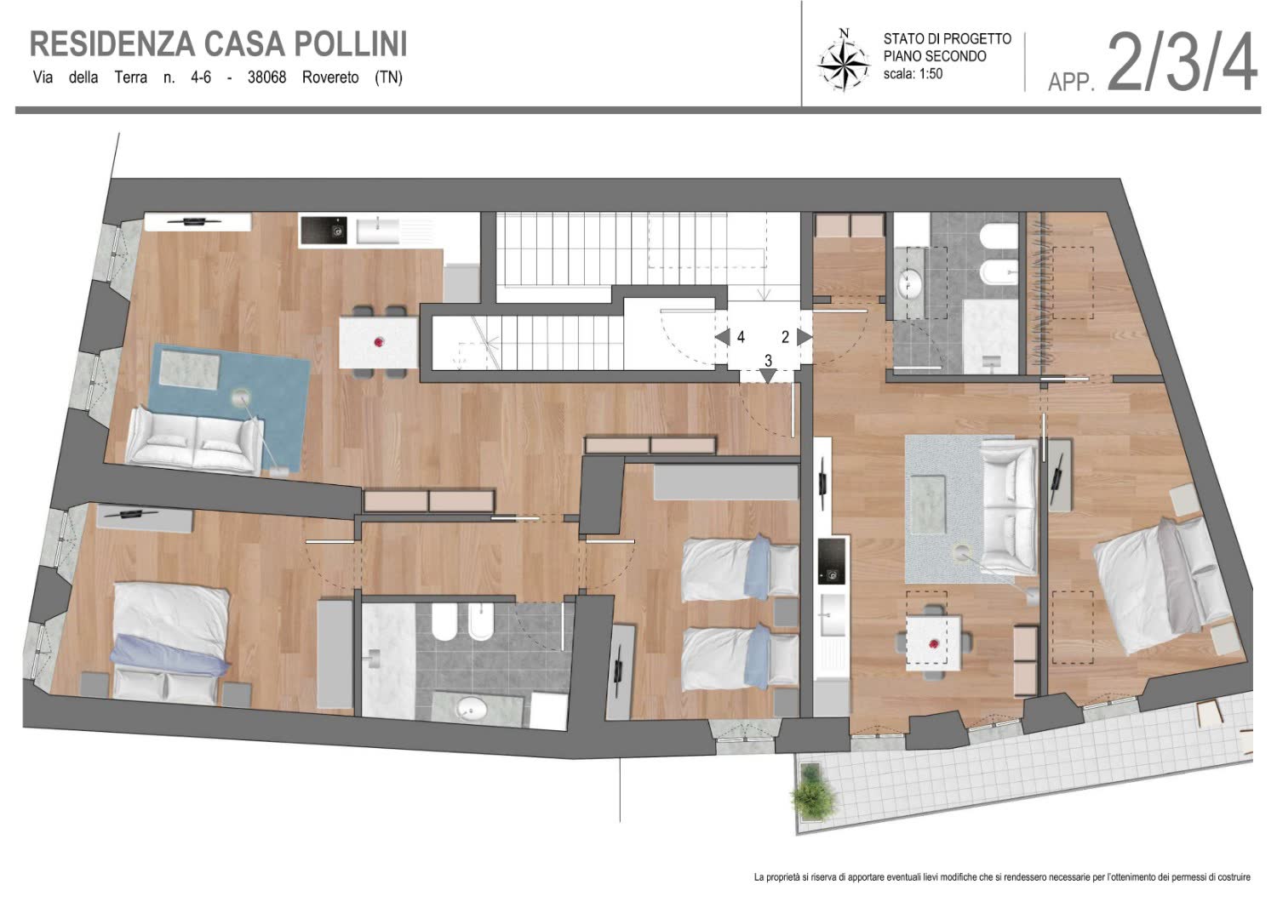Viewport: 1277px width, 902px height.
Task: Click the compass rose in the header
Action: coord(844,60)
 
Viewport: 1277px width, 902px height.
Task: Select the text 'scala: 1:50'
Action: coord(913,73)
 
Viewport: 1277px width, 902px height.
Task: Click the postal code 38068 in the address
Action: coord(266,77)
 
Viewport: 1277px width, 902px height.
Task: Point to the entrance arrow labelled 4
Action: coord(722,337)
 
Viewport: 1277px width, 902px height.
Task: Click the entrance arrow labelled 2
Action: coord(805,337)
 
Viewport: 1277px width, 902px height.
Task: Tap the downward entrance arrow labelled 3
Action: coord(769,375)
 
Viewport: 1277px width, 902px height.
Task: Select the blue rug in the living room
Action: coord(228,406)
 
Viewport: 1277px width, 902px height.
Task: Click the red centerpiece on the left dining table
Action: coord(379,342)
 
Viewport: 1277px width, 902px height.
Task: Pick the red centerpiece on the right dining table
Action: coord(933,644)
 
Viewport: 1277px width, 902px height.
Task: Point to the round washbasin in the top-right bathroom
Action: coord(909,283)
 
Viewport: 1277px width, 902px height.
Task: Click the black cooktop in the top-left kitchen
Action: coord(324,231)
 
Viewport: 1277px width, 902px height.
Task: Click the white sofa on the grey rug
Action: coord(1009,506)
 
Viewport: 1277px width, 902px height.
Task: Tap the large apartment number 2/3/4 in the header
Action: coord(1182,61)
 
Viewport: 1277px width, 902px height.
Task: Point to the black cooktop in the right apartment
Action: coord(831,561)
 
